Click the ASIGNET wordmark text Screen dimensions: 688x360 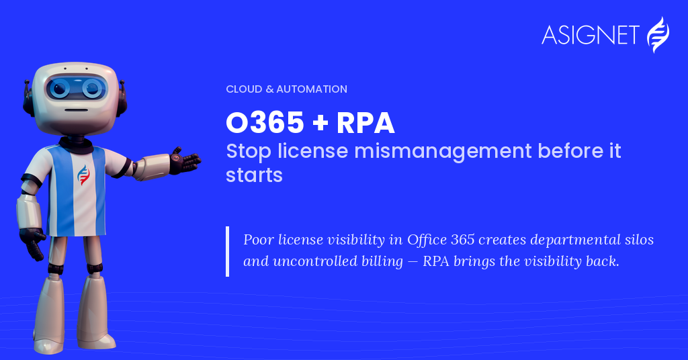coord(590,35)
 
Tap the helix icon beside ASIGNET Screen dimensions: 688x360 coord(658,35)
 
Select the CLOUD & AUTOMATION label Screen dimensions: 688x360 coord(286,89)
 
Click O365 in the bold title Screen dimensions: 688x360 coord(265,122)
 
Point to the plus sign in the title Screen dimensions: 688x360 coord(320,123)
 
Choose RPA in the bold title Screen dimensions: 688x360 coord(365,123)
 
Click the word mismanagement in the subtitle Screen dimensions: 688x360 coord(443,152)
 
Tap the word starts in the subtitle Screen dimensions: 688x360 coord(254,175)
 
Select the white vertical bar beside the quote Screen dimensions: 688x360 coord(227,251)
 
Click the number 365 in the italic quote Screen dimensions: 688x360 coord(463,240)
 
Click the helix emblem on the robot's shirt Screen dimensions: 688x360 coord(83,175)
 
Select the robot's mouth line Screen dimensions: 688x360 coord(77,110)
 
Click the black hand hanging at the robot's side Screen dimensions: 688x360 coord(33,242)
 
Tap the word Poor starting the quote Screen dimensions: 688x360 coord(258,240)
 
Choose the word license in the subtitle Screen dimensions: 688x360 coord(313,151)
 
